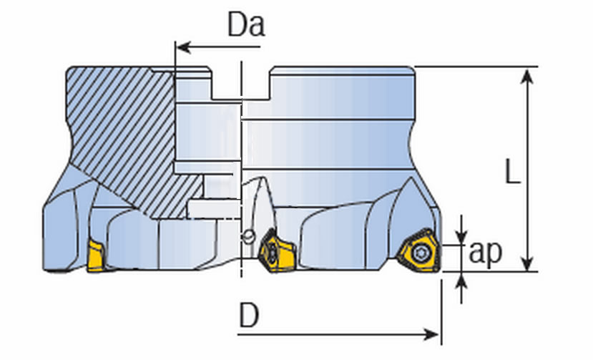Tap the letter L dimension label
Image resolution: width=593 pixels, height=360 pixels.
[512, 172]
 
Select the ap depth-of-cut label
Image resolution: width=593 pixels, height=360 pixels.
[486, 253]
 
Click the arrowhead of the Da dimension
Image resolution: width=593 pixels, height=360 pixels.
[182, 48]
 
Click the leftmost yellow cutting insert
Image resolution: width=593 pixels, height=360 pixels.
[96, 256]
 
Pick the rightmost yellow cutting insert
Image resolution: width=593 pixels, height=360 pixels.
[417, 250]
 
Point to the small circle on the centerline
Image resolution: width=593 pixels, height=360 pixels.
[248, 235]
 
